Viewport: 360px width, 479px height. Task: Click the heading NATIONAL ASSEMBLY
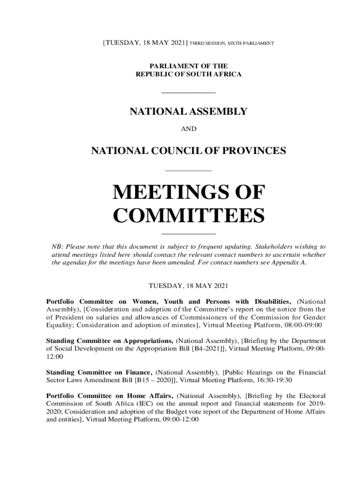pyautogui.click(x=188, y=112)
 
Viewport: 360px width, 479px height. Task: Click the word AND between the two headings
pyautogui.click(x=188, y=129)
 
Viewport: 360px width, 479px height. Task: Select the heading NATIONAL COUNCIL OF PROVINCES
pyautogui.click(x=188, y=151)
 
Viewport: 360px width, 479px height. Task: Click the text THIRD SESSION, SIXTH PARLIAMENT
pyautogui.click(x=231, y=44)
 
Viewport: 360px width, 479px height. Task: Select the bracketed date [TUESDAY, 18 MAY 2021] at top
pyautogui.click(x=145, y=43)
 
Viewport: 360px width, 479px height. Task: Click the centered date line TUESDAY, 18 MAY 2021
pyautogui.click(x=188, y=285)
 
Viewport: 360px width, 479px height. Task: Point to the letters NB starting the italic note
pyautogui.click(x=56, y=246)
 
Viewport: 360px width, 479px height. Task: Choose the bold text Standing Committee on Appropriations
pyautogui.click(x=110, y=341)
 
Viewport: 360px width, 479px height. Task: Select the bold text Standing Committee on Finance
pyautogui.click(x=99, y=372)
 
